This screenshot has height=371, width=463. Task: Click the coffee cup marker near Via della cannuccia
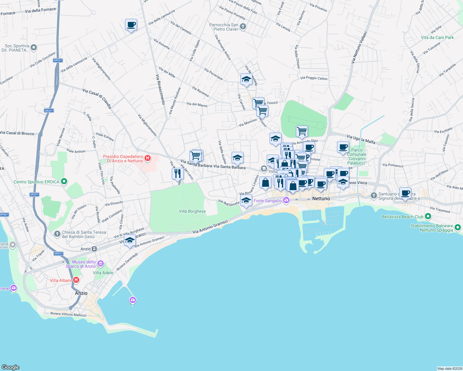pyautogui.click(x=131, y=25)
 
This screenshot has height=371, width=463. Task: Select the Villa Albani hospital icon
pyautogui.click(x=76, y=280)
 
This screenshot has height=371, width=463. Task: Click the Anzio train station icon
pyautogui.click(x=94, y=249)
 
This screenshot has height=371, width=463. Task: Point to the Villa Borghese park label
pyautogui.click(x=192, y=211)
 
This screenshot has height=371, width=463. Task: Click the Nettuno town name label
pyautogui.click(x=321, y=198)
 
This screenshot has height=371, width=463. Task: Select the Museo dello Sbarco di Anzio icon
pyautogui.click(x=100, y=264)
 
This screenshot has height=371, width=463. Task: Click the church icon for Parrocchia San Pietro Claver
pyautogui.click(x=243, y=27)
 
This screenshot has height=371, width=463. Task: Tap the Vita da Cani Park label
pyautogui.click(x=437, y=38)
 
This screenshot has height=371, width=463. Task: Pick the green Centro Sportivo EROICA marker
pyautogui.click(x=64, y=181)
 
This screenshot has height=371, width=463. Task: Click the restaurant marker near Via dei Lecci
pyautogui.click(x=177, y=173)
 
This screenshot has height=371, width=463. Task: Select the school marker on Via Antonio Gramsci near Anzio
pyautogui.click(x=130, y=240)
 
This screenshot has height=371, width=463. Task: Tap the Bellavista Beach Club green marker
pyautogui.click(x=428, y=216)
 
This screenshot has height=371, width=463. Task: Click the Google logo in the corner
pyautogui.click(x=11, y=367)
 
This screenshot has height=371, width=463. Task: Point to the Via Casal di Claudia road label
pyautogui.click(x=97, y=99)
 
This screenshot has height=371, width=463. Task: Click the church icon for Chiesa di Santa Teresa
pyautogui.click(x=57, y=234)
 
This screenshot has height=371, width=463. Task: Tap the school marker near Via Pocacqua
pyautogui.click(x=246, y=79)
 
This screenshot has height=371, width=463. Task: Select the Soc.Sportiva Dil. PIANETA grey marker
pyautogui.click(x=34, y=48)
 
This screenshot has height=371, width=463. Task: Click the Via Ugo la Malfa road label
pyautogui.click(x=361, y=139)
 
